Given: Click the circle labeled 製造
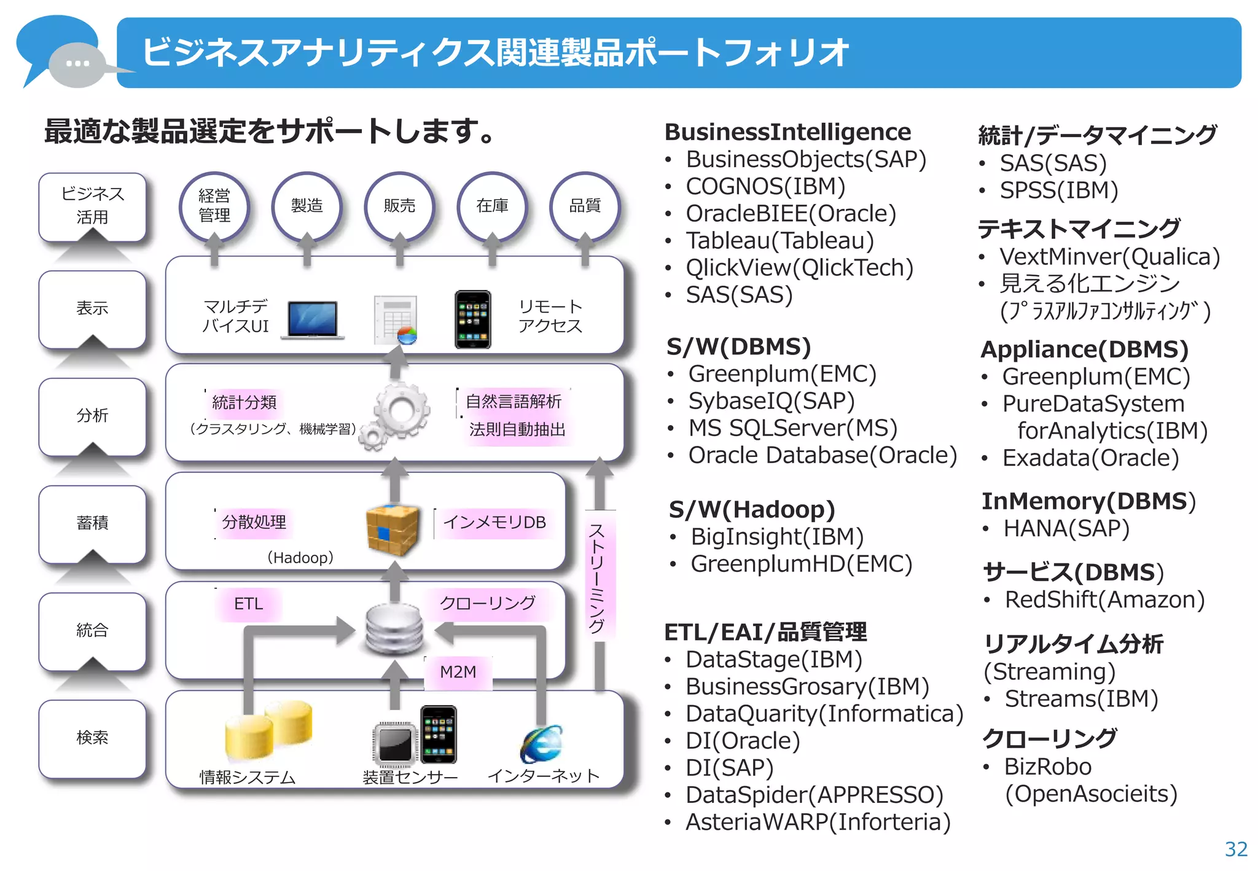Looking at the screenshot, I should coord(307,205).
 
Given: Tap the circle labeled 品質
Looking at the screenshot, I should coord(584,205).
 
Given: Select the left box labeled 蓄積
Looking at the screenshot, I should coord(92,523).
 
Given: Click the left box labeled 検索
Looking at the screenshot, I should coord(92,738).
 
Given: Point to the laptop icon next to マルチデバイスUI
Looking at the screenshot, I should coord(313,320).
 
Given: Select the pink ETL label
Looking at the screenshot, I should coord(248,604).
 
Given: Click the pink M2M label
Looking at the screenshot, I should coord(458,672).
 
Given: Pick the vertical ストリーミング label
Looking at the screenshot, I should coord(597,577).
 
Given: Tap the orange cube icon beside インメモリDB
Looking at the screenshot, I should coord(393,529).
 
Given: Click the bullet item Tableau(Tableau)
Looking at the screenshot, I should coord(779,241).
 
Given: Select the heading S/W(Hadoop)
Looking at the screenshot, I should coord(752,510).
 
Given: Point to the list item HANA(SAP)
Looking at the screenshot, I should coord(1066,529).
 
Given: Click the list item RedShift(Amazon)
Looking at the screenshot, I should coord(1104,600).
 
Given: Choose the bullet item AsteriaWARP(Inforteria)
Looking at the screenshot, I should coord(817,822).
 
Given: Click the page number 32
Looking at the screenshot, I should coord(1235,849).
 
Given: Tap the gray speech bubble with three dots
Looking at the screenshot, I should coord(77,64).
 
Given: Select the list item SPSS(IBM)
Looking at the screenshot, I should coord(1058,190).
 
